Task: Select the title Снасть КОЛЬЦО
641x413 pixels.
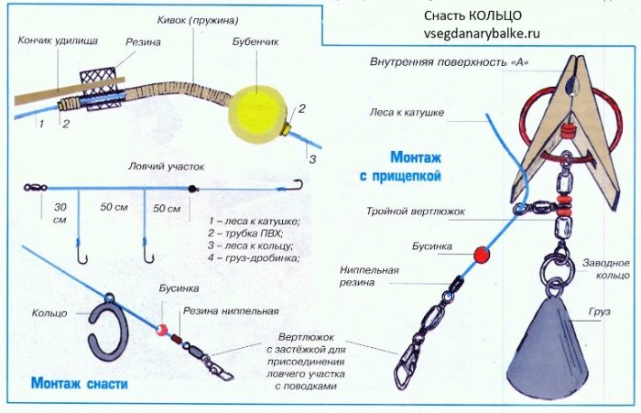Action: [473, 16]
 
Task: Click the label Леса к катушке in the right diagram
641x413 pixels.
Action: [407, 113]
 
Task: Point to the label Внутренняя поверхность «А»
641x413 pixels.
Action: [450, 63]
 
